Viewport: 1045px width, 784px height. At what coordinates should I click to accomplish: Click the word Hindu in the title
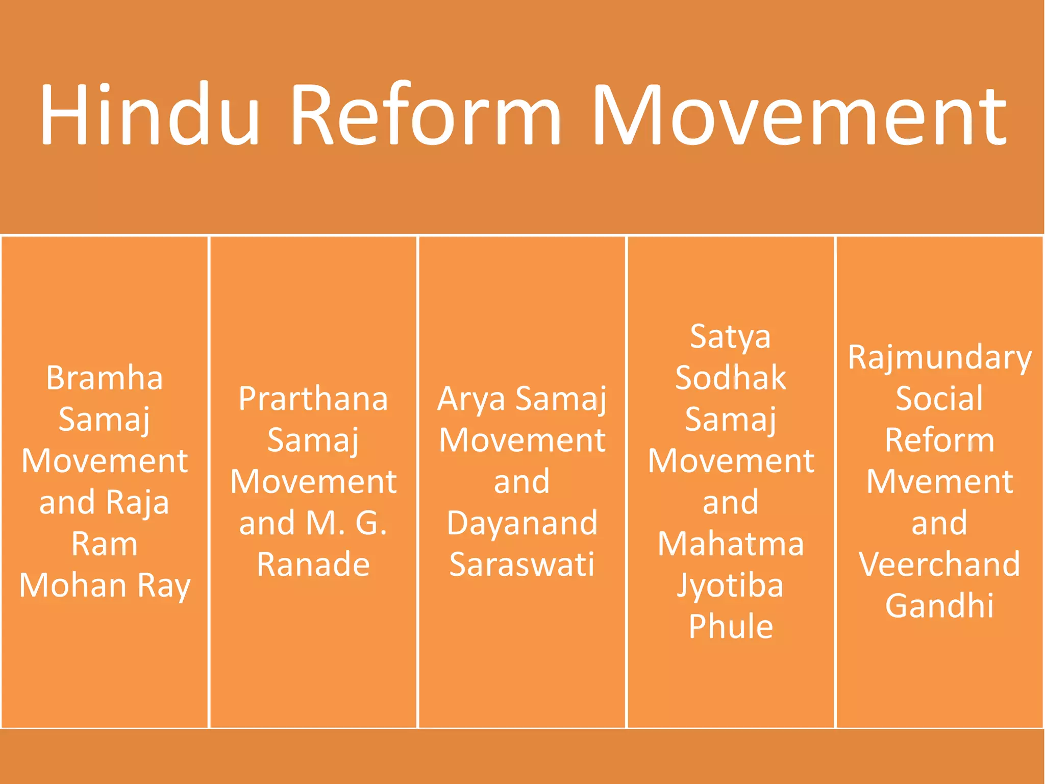150,115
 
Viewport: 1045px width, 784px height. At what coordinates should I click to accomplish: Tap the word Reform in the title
426,115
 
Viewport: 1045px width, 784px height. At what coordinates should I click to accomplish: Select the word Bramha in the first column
105,378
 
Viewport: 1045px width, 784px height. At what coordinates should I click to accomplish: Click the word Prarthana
313,399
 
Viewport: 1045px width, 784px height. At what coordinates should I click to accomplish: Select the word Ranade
313,565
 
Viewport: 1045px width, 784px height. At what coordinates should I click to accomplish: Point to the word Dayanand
522,524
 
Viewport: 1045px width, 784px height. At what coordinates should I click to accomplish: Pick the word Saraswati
522,565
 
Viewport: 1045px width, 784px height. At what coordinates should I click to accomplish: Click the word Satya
730,337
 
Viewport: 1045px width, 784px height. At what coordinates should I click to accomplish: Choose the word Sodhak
730,378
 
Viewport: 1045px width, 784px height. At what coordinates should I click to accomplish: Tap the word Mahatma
730,544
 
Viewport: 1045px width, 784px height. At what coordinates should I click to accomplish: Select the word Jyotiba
730,586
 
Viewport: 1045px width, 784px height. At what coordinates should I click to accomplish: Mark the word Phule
730,627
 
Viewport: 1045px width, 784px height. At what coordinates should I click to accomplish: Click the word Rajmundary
939,358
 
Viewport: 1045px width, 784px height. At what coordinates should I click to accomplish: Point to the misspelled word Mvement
939,482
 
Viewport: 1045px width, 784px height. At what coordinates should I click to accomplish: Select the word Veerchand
939,565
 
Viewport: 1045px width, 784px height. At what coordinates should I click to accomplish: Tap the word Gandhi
939,606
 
